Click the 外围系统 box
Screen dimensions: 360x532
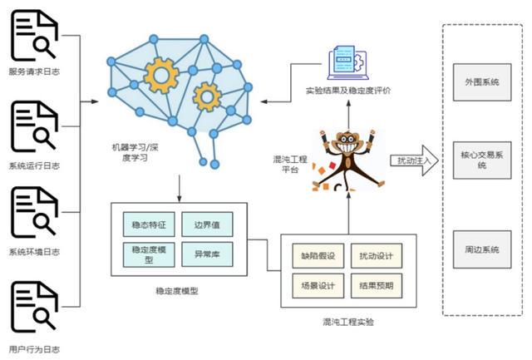(x=481, y=82)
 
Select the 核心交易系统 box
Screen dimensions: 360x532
(x=481, y=160)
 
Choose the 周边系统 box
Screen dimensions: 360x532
(x=481, y=249)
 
